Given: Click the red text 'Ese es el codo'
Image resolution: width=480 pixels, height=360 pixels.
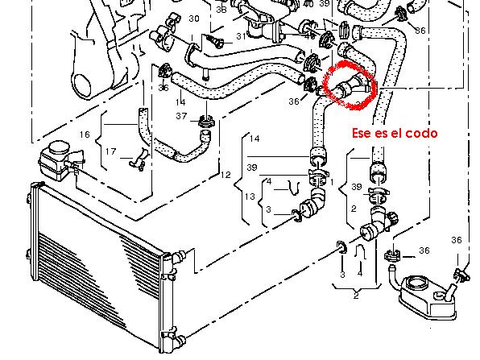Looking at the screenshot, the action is coord(395,133).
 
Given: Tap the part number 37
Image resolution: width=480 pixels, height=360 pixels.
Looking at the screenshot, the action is coord(181,116).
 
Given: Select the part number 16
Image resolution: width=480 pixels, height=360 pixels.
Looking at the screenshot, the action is coord(85,134).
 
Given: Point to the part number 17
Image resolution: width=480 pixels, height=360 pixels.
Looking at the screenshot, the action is coord(111,151).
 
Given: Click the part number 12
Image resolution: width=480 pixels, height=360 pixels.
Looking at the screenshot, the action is coord(226,175).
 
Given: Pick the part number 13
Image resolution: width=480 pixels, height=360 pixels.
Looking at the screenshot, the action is coord(250,197).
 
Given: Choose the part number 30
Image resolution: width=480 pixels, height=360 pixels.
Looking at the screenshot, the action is coord(194,19).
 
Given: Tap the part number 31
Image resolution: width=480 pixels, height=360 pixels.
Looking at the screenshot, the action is coord(242,36).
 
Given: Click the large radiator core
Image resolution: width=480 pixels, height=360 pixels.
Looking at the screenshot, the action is coord(98,260).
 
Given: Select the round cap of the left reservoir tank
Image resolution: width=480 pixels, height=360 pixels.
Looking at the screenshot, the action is coord(59,148).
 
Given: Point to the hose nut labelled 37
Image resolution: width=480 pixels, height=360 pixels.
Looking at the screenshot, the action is coord(206,122).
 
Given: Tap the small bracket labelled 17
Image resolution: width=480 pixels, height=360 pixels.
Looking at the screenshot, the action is coord(139,159).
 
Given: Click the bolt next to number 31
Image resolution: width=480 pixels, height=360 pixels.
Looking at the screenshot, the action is coord(216,42).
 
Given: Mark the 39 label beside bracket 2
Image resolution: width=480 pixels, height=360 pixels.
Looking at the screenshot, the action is coord(357,187).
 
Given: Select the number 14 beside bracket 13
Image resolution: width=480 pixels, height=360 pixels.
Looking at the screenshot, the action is coord(254,139).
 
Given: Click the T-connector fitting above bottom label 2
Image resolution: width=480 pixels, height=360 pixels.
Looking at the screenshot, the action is coord(379,223).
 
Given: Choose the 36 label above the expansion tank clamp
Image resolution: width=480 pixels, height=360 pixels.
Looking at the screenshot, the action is coord(457,240).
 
